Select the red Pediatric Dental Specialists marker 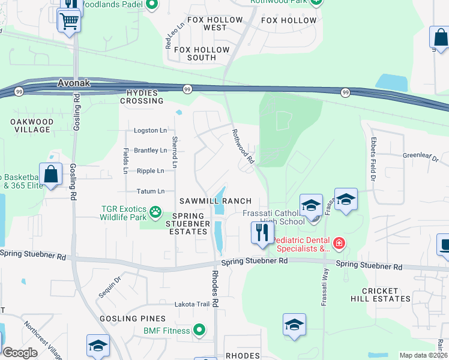coord(339,243)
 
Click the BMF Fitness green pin coord(199,330)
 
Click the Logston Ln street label coord(150,130)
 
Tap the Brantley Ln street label coord(150,151)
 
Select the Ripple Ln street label coord(151,171)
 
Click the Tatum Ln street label coord(152,191)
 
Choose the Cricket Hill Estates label coord(381,295)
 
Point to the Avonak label coord(74,83)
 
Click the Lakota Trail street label coord(192,304)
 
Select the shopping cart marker coord(69,22)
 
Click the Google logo coord(20,353)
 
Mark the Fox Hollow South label coord(194,58)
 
